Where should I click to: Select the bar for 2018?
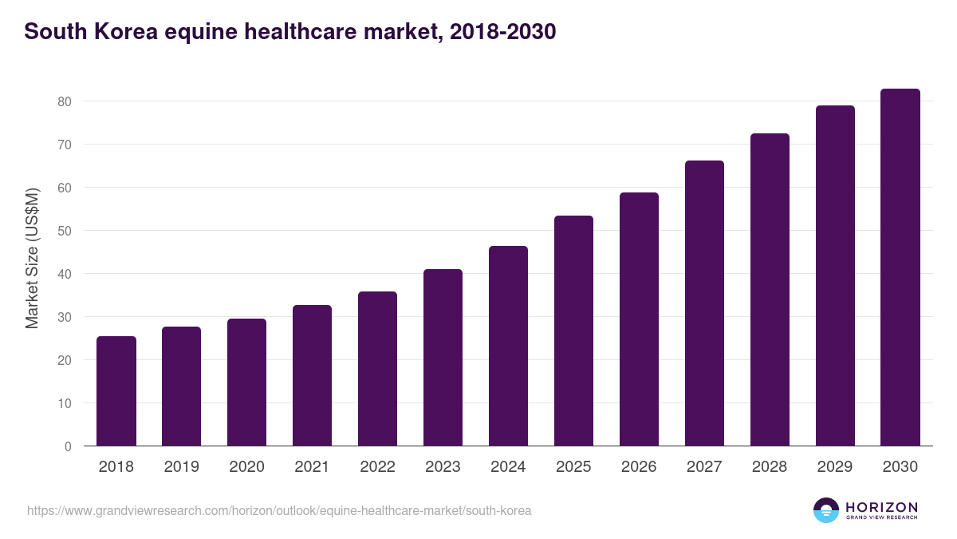pos(116,391)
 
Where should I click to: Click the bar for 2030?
pos(900,268)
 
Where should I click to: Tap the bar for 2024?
pos(508,346)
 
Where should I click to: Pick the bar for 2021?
pos(312,375)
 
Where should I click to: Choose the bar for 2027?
pos(704,303)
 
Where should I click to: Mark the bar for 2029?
pos(835,275)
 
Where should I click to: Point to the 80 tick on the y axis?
pos(65,101)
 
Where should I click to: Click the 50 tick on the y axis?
pos(65,231)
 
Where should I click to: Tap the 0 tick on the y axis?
pos(68,446)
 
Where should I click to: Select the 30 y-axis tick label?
pos(65,317)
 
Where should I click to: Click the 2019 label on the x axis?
pos(181,467)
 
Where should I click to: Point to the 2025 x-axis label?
pos(573,467)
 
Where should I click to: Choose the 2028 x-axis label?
pos(770,467)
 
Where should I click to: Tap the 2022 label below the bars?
pos(377,467)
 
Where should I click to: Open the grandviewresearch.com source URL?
pos(279,510)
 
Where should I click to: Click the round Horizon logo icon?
pos(825,510)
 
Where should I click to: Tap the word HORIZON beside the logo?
pos(881,507)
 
